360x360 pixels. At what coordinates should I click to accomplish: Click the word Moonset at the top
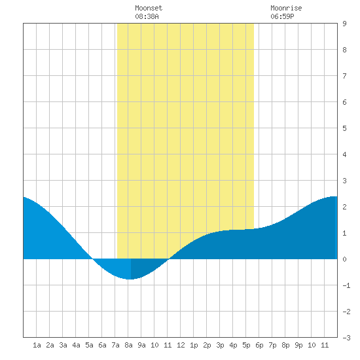149,8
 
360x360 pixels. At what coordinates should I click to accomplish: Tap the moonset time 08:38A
147,16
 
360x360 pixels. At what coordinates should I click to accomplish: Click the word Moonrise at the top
286,8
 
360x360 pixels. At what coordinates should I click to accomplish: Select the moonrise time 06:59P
282,16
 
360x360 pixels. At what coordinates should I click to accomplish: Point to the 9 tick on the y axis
344,24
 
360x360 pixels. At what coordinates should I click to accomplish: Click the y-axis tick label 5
344,128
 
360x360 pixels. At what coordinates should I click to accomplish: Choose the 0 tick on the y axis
344,259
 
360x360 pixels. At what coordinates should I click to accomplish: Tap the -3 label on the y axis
346,338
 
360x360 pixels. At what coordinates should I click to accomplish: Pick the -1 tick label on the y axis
346,285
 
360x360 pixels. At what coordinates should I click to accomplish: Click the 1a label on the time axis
37,345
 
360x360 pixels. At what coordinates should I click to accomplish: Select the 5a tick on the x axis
89,345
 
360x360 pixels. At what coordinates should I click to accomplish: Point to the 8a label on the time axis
128,345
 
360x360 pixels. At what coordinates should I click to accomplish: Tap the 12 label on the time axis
181,345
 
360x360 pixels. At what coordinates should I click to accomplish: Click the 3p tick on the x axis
220,345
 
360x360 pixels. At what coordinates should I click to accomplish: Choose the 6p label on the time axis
259,345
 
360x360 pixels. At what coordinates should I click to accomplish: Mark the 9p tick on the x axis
298,345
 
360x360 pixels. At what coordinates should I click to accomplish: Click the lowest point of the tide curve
130,279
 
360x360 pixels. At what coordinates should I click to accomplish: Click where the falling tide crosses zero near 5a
92,259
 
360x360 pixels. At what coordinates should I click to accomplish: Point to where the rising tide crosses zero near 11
169,259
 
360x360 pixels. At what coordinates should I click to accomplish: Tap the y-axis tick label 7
344,76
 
